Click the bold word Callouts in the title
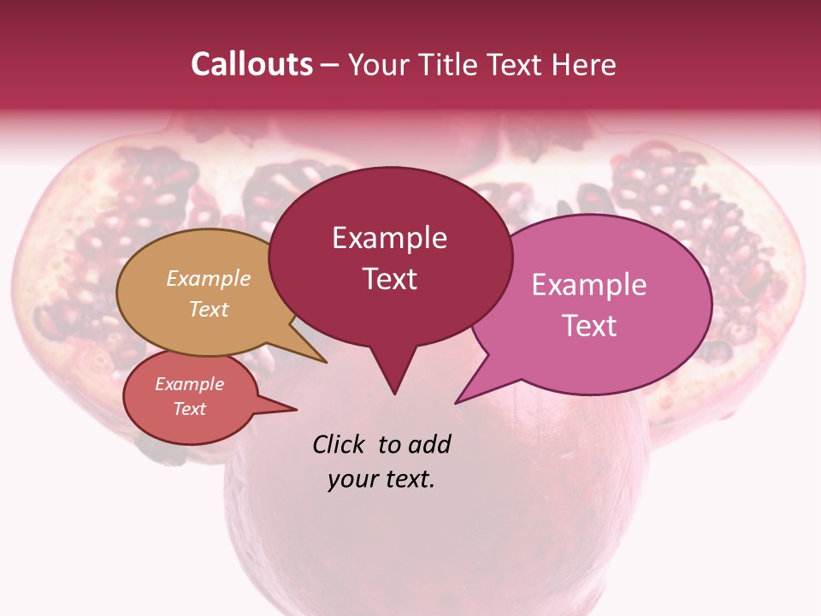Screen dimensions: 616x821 [x=251, y=64]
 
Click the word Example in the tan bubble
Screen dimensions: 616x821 [x=209, y=278]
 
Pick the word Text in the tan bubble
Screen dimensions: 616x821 [x=209, y=309]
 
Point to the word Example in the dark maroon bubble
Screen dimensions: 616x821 [x=389, y=238]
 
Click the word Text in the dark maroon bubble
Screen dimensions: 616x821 [x=389, y=279]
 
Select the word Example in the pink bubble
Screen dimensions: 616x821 [x=589, y=285]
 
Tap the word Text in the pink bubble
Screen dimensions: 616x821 [x=589, y=325]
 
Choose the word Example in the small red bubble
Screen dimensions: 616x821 [x=189, y=384]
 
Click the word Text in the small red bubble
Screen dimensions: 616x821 [x=189, y=409]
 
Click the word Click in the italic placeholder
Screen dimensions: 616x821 [x=340, y=444]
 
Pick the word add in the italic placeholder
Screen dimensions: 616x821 [x=430, y=444]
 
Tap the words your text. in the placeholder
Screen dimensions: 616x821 [x=381, y=479]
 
